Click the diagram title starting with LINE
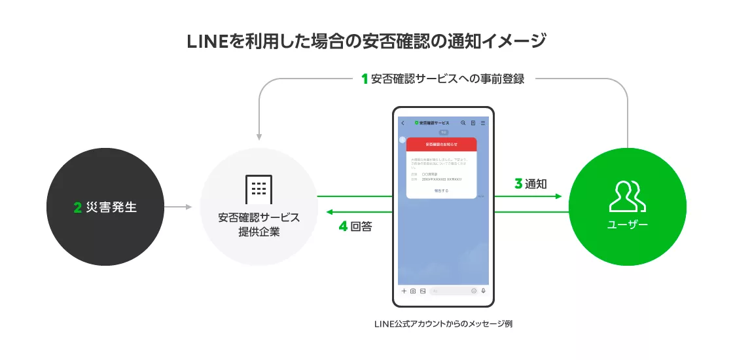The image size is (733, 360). pos(366,41)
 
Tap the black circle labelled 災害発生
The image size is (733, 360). pos(105,207)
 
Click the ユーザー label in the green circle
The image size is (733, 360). pos(627,225)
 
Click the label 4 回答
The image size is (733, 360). pos(355,227)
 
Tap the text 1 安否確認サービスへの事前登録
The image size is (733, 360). pos(443,79)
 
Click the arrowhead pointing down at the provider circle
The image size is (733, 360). pos(259,137)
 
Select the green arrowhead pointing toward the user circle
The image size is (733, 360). pos(558,196)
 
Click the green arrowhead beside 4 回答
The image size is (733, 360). pos(331,212)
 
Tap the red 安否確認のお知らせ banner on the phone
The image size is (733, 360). pos(441,143)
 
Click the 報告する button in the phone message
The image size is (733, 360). pos(441,190)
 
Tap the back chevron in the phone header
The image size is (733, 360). pos(402,122)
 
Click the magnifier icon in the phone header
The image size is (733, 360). pos(463,122)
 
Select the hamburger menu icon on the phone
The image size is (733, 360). pos(483,122)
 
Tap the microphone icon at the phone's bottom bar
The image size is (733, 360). pos(483,291)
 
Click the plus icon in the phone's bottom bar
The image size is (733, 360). pos(404,291)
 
